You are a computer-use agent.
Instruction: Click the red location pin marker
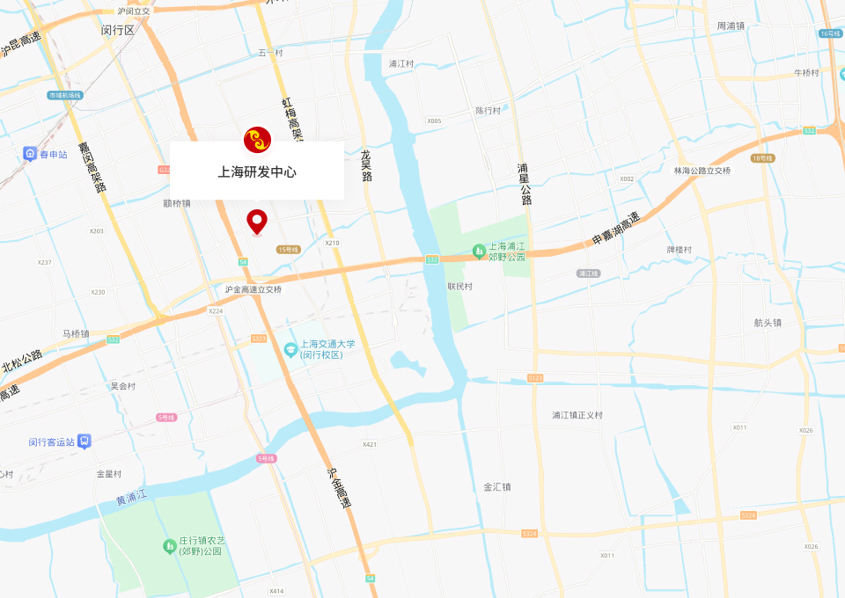click(x=256, y=221)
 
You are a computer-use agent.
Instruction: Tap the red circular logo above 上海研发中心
click(x=257, y=140)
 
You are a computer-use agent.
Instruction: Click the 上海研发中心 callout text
click(x=257, y=171)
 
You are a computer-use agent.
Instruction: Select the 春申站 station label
click(x=53, y=155)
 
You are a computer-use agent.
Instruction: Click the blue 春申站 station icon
click(x=30, y=155)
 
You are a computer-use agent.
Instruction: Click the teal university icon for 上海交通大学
click(x=290, y=350)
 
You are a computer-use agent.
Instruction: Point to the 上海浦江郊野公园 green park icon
click(x=479, y=252)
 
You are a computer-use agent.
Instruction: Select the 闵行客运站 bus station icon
click(x=84, y=441)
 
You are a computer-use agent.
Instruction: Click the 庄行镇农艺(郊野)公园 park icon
click(x=169, y=546)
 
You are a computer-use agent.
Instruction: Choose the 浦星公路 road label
click(x=525, y=184)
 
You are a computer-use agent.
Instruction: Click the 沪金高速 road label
click(x=339, y=488)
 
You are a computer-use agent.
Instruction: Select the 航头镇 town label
click(x=768, y=323)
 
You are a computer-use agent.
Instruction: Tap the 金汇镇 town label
click(x=496, y=486)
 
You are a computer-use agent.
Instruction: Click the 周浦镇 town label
click(x=731, y=26)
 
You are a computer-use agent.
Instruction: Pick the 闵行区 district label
click(x=117, y=30)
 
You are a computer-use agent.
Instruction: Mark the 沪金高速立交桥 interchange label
click(x=253, y=289)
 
